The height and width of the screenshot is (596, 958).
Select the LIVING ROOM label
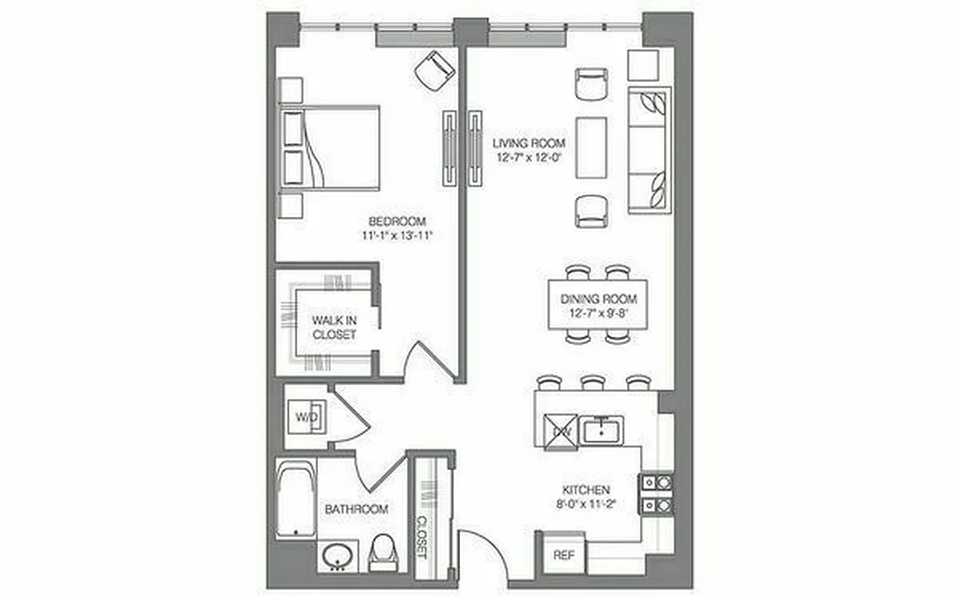[x=529, y=142]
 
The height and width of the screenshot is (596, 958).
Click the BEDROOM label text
[x=397, y=221]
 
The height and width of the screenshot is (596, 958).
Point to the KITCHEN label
[x=586, y=490]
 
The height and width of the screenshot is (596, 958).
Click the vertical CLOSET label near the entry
[x=421, y=536]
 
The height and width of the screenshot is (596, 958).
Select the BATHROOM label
[x=356, y=510]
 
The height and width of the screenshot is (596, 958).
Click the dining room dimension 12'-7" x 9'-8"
[x=598, y=313]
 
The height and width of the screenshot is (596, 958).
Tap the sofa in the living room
[x=650, y=150]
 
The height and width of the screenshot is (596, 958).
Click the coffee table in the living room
[x=592, y=148]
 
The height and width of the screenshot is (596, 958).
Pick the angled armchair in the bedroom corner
[x=434, y=71]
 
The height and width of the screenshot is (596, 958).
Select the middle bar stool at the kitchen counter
[x=593, y=383]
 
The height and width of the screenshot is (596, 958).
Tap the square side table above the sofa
[x=643, y=66]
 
